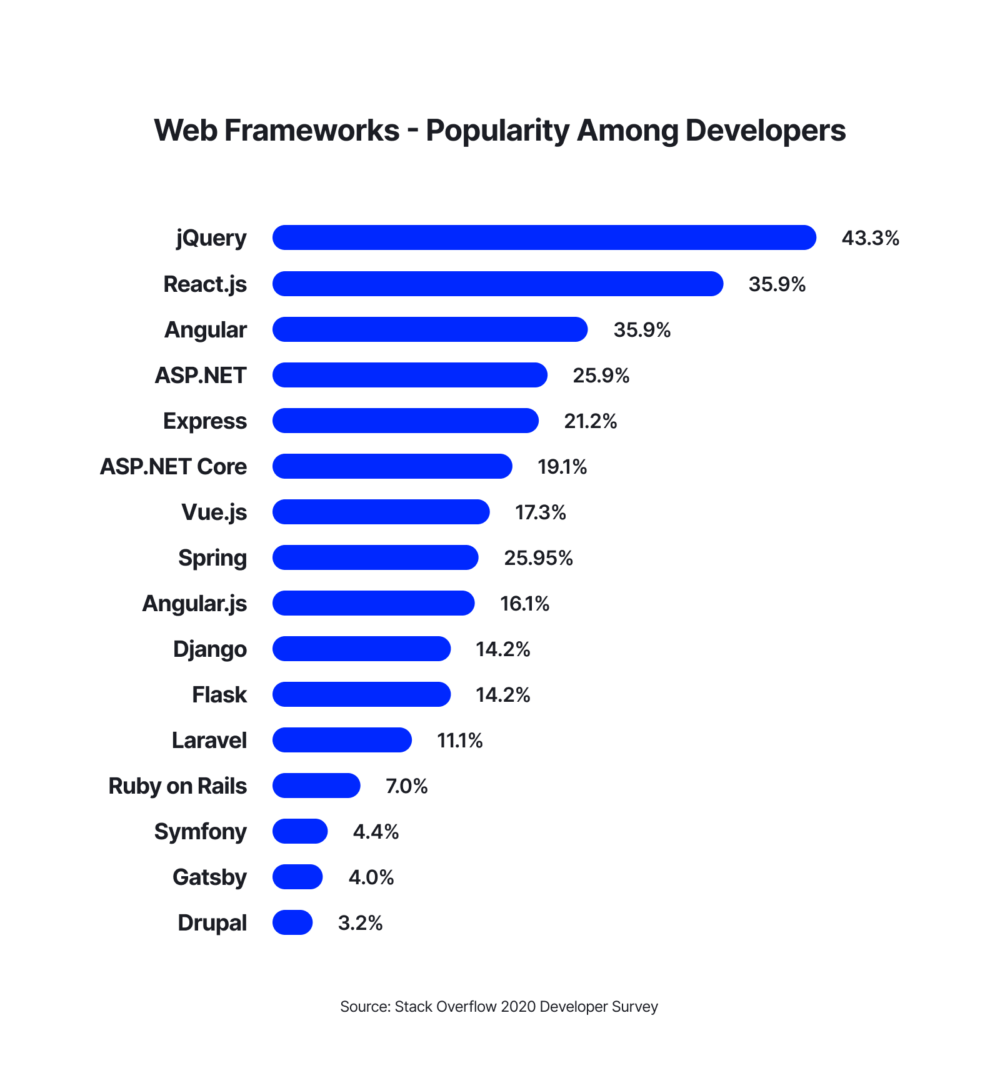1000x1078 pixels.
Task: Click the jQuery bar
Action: point(544,237)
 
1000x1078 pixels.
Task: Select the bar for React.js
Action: point(497,284)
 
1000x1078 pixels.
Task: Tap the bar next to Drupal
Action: point(292,922)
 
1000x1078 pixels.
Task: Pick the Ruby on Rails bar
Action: point(316,786)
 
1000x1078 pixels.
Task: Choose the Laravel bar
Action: point(342,740)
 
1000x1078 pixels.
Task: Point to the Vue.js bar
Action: point(381,512)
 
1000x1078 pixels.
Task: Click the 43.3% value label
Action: point(870,238)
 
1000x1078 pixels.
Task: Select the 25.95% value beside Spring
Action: point(538,557)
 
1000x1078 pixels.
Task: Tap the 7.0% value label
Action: point(406,786)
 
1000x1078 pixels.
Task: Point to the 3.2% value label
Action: point(360,923)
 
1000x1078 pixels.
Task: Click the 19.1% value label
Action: point(562,467)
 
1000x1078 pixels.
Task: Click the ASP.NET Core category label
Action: point(173,467)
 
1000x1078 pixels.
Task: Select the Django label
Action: point(209,649)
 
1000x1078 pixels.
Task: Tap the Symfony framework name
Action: point(200,832)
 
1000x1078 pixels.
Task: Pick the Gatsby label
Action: point(209,877)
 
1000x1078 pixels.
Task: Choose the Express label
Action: point(204,421)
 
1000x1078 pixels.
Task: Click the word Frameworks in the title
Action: point(311,131)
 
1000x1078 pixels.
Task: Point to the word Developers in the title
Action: point(766,131)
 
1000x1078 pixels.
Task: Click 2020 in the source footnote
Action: point(518,1007)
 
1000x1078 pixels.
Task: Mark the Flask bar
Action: point(361,694)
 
